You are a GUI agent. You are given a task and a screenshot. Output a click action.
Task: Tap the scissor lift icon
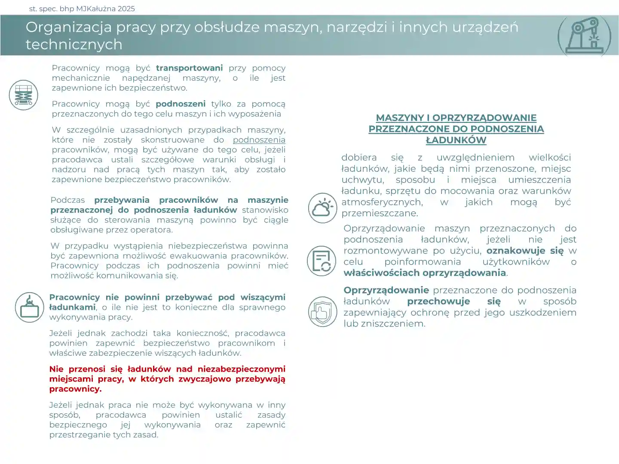tap(24, 95)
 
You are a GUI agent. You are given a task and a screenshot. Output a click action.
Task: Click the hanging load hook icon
tap(30, 308)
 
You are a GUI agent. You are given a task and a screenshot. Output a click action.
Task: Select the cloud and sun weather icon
tap(322, 208)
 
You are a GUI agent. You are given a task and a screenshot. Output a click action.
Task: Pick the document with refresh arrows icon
tap(322, 261)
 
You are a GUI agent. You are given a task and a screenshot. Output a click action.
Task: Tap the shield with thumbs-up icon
tap(322, 311)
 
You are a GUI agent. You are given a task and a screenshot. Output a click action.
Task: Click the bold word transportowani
tap(189, 68)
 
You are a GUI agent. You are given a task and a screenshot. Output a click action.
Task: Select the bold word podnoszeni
tap(181, 104)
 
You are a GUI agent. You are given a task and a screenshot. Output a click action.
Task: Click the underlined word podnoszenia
tap(259, 140)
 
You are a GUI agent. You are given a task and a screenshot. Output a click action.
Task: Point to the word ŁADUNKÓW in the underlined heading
tap(456, 140)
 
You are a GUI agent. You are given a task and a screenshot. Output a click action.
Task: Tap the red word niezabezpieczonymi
tap(241, 369)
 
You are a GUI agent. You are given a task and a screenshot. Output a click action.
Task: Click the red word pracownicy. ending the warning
tap(75, 389)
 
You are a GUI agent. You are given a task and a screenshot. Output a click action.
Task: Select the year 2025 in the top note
tap(126, 9)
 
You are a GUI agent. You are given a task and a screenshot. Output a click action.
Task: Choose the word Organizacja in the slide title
tap(69, 27)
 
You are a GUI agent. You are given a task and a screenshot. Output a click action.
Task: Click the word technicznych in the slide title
tap(74, 44)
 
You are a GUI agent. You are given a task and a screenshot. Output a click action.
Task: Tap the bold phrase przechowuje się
tap(454, 301)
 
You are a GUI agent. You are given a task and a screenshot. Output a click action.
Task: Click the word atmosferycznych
tap(382, 202)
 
